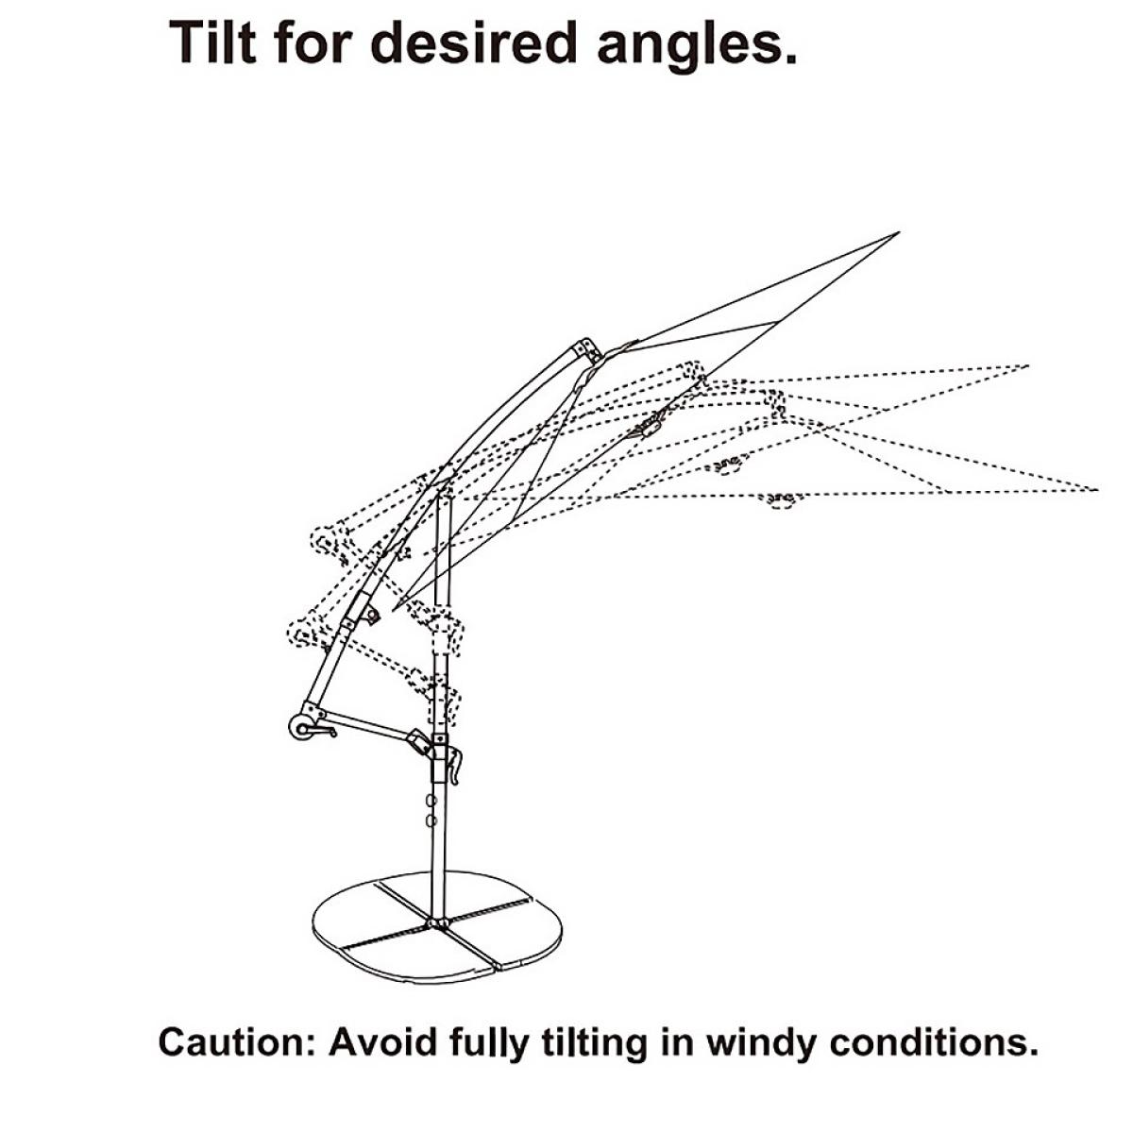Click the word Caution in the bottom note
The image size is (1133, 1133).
tap(235, 1043)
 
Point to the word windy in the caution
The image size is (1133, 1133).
tap(761, 1043)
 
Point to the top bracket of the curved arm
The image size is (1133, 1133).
tap(588, 350)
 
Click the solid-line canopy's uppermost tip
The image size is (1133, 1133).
tap(899, 232)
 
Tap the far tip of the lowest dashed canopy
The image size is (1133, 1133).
tap(1097, 489)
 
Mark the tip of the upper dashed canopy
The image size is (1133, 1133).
tap(1027, 364)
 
